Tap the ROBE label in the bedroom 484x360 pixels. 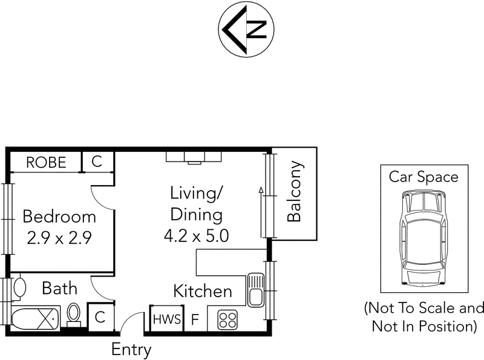point(45,162)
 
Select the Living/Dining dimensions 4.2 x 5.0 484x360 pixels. point(196,235)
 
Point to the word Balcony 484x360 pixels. point(294,191)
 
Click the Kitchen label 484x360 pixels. point(203,291)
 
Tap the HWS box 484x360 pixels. point(166,319)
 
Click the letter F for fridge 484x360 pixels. point(195,319)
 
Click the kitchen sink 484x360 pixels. point(255,289)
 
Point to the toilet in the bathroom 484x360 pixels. point(74,313)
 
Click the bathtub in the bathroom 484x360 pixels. point(36,317)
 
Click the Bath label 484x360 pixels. point(59,287)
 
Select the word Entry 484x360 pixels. point(131,349)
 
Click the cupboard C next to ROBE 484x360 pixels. point(97,162)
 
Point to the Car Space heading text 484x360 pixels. point(423,177)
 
